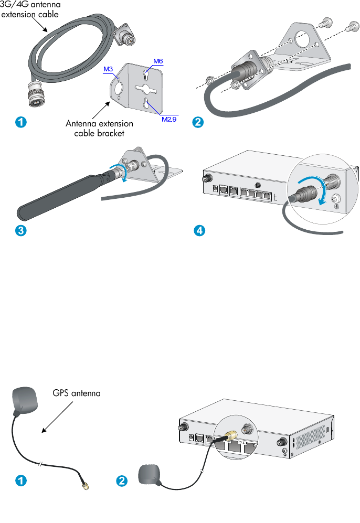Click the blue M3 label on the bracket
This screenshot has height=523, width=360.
(x=108, y=69)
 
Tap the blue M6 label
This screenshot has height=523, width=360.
(x=158, y=61)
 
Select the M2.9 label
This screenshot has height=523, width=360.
(x=168, y=119)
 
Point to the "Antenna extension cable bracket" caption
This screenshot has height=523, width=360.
(x=99, y=129)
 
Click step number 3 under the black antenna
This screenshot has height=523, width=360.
(x=20, y=230)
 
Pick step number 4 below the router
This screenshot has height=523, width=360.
(x=198, y=230)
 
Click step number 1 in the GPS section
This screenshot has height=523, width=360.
(x=20, y=480)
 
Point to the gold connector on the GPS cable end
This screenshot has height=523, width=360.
(x=84, y=487)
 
